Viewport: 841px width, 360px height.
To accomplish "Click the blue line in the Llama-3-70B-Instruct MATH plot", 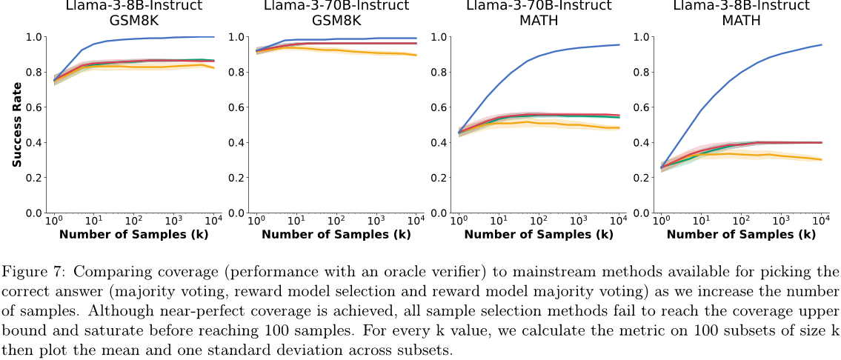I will coord(519,73).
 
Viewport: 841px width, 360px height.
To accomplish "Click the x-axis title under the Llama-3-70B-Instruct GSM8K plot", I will coord(336,235).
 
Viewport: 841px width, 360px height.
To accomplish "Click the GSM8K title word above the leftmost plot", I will coord(133,21).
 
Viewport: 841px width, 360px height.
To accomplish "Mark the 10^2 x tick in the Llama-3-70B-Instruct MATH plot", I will coord(538,221).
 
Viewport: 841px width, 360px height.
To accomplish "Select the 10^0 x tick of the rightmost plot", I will coord(662,221).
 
